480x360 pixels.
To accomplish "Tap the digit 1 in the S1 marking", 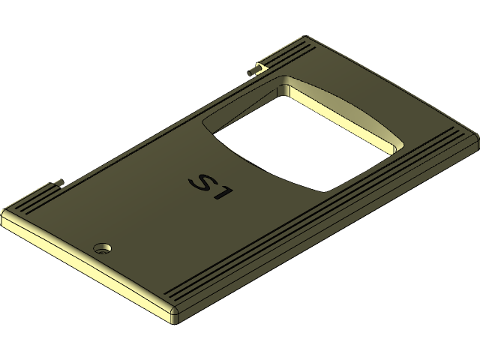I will point(223,196).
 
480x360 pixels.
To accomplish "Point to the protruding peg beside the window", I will point(253,70).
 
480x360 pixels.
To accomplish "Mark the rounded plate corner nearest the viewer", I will point(174,315).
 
